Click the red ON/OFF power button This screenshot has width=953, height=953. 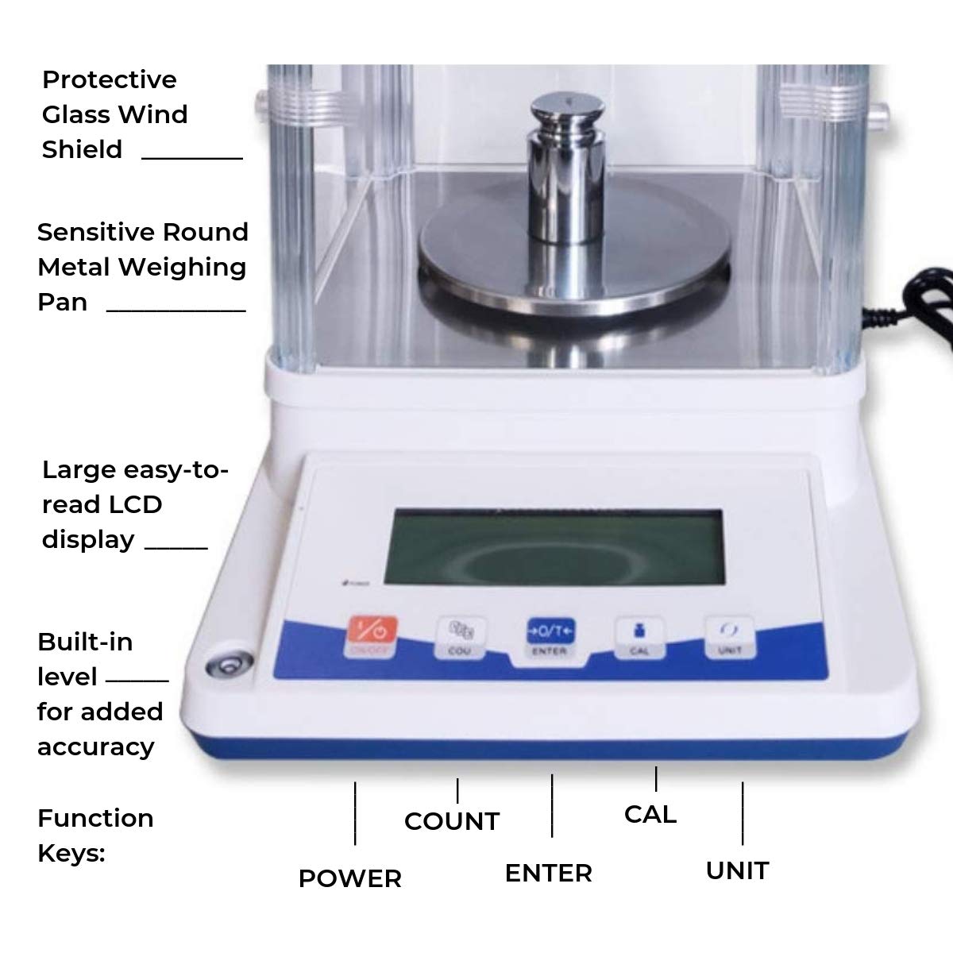pyautogui.click(x=371, y=635)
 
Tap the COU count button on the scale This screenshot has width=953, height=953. pyautogui.click(x=460, y=637)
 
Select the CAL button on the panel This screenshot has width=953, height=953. pyautogui.click(x=639, y=637)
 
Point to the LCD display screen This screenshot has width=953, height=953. pyautogui.click(x=553, y=547)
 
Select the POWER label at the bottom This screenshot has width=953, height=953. pyautogui.click(x=349, y=878)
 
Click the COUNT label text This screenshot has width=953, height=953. pyautogui.click(x=451, y=821)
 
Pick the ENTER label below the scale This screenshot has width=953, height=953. pyautogui.click(x=548, y=873)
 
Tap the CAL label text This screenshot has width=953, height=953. pyautogui.click(x=650, y=814)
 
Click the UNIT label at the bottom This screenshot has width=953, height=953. pyautogui.click(x=737, y=870)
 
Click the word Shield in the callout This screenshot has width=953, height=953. pyautogui.click(x=82, y=149)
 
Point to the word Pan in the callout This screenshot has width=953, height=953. pyautogui.click(x=62, y=303)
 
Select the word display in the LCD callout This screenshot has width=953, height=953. pyautogui.click(x=88, y=540)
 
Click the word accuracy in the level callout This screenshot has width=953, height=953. pyautogui.click(x=95, y=747)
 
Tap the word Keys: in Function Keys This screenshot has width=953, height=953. pyautogui.click(x=71, y=854)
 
